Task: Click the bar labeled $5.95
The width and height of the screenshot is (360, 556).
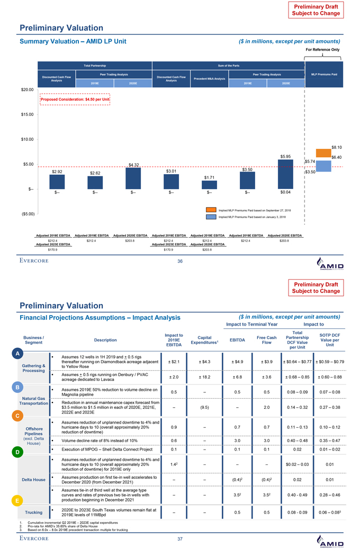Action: pyautogui.click(x=285, y=174)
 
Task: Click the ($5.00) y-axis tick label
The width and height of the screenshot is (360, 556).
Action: pyautogui.click(x=25, y=214)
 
